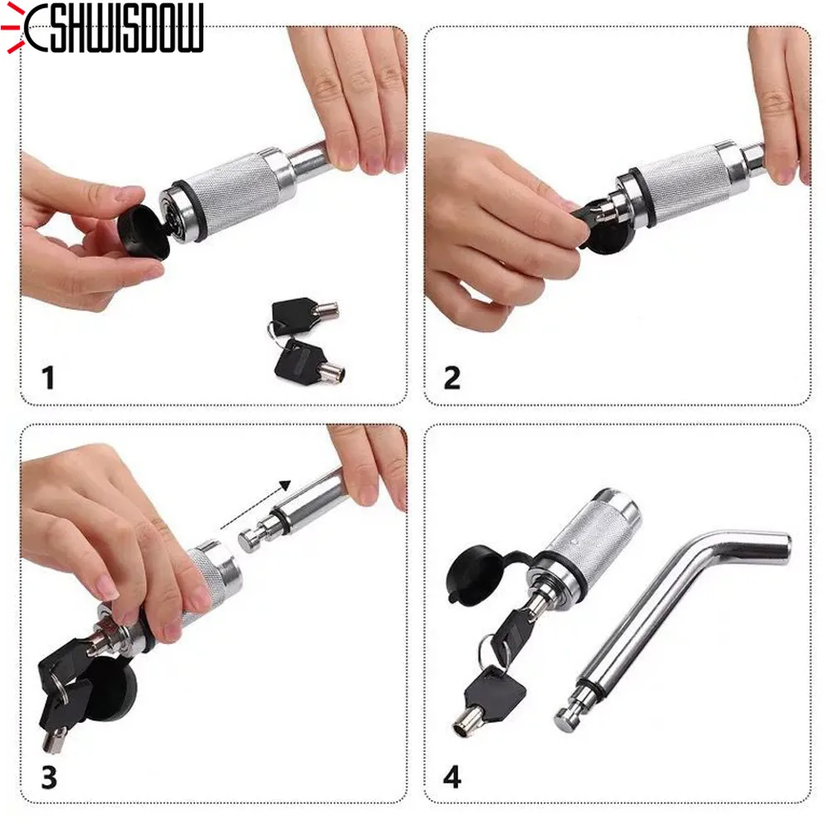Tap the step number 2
[452, 378]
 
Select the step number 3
[48, 778]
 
